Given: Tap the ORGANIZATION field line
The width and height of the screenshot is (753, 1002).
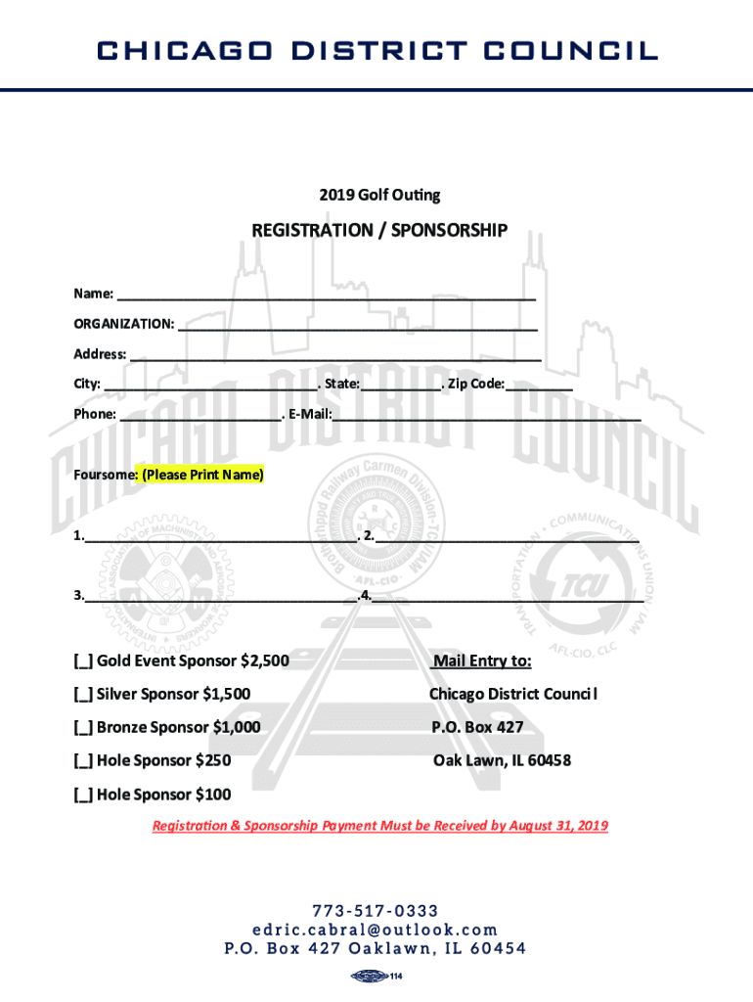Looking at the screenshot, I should tap(358, 325).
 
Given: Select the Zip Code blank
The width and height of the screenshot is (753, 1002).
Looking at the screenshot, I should tap(539, 386).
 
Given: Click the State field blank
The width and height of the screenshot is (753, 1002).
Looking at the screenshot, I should tap(400, 386).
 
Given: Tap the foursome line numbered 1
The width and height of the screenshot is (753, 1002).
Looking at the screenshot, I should tap(220, 537).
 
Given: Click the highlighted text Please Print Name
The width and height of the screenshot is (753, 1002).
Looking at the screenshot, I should tap(202, 476).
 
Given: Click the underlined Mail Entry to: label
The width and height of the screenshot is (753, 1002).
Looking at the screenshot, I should tap(482, 662).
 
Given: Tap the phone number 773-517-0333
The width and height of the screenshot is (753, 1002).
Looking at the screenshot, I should tap(376, 911).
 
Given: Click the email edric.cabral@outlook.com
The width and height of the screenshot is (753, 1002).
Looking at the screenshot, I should tap(376, 930).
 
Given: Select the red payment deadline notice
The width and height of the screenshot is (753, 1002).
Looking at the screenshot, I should tap(379, 826).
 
